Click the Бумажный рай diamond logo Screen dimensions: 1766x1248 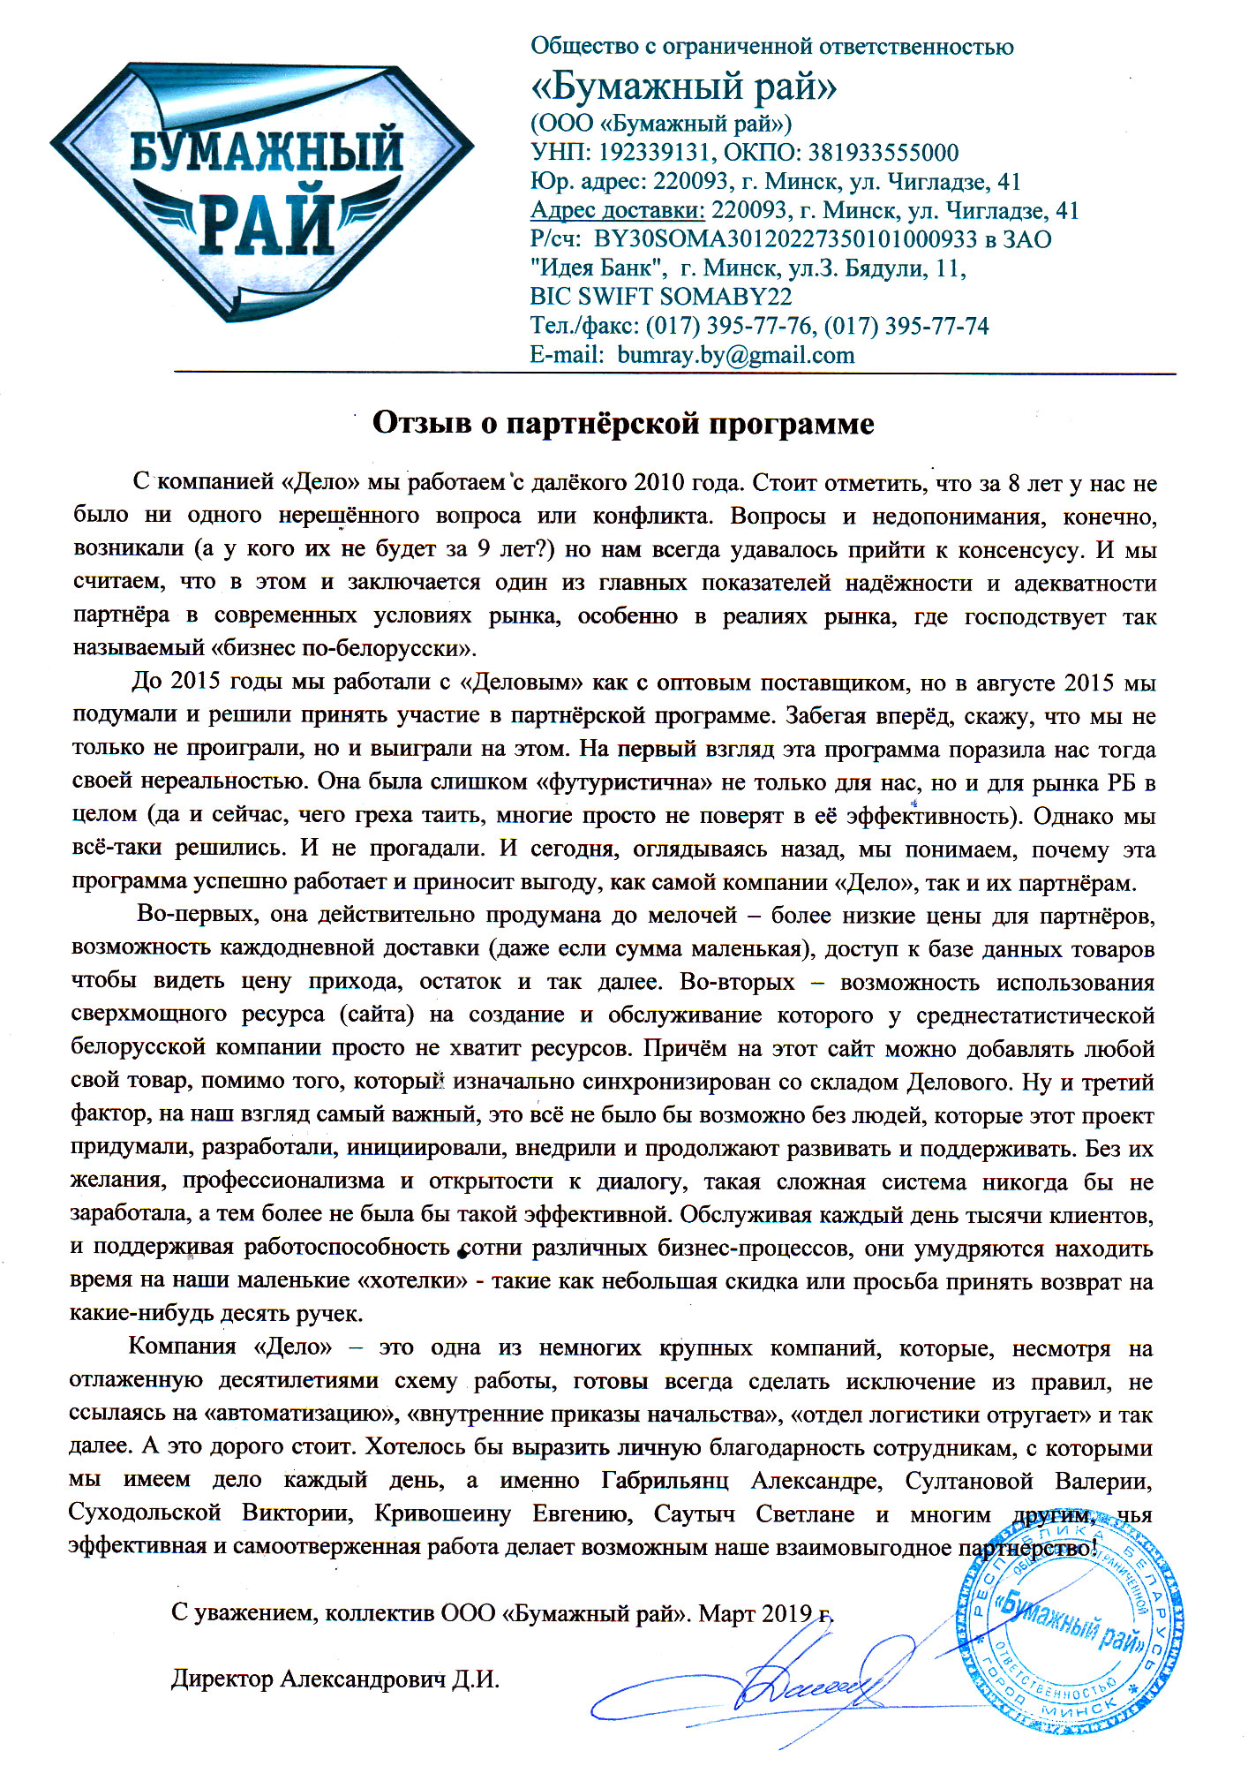[x=262, y=189]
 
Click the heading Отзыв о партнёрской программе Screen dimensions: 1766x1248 [x=623, y=424]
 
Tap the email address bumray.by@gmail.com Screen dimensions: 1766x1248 [x=736, y=355]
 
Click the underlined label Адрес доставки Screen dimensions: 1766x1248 [x=617, y=210]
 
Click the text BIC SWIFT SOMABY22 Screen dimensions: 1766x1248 [x=661, y=297]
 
